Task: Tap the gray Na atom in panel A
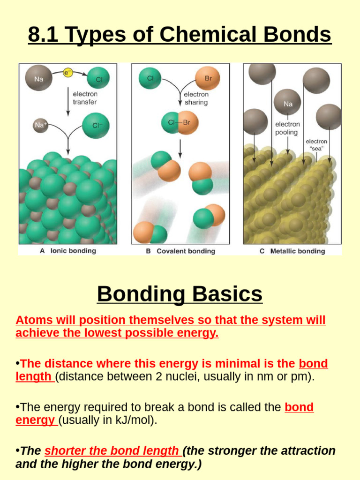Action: tap(38, 78)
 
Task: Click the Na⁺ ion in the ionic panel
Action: tap(41, 125)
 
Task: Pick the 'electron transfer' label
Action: tap(85, 98)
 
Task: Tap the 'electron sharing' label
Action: tap(196, 98)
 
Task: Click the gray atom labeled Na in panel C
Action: tap(287, 103)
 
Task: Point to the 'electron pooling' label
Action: tap(287, 128)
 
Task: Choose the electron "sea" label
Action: tap(316, 145)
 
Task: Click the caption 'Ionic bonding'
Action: tap(73, 251)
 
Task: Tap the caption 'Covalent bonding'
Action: tap(186, 251)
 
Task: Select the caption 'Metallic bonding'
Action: tap(297, 251)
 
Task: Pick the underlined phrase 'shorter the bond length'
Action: tap(112, 451)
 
